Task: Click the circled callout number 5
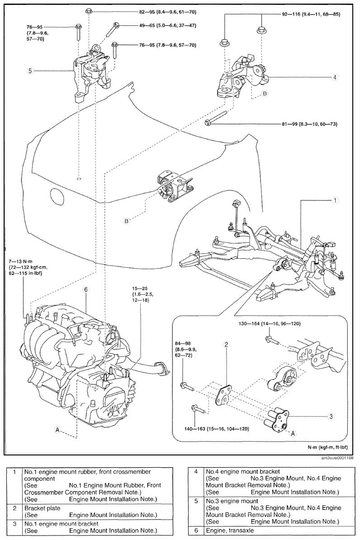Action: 30,71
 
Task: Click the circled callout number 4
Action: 335,77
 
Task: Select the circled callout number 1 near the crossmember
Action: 335,200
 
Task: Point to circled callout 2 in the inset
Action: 226,344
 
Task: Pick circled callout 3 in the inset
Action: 331,417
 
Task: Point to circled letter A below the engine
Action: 57,430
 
